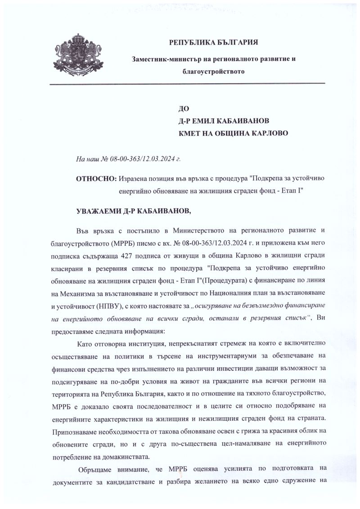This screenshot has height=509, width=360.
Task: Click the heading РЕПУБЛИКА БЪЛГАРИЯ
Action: [213, 43]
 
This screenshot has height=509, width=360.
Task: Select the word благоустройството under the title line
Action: [214, 72]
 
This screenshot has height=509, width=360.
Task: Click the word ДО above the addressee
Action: [184, 108]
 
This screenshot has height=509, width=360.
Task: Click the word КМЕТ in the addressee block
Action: [192, 133]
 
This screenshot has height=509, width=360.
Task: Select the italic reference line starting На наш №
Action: [128, 159]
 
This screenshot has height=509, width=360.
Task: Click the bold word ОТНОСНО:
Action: [96, 179]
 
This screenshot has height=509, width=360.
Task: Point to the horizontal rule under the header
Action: [187, 84]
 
